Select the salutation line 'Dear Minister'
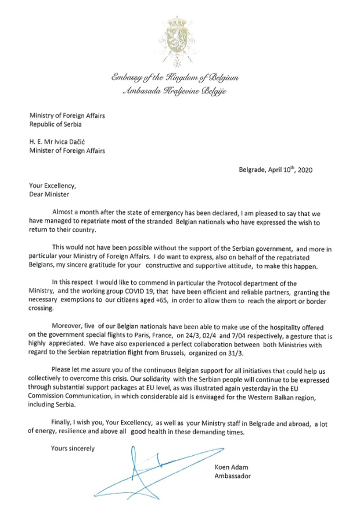click(48, 195)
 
